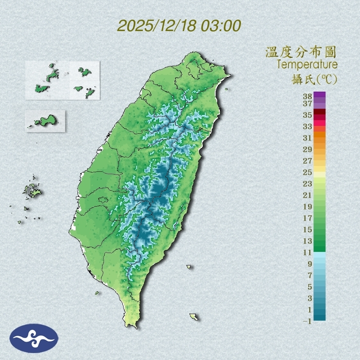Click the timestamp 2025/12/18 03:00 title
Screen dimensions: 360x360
click(x=179, y=26)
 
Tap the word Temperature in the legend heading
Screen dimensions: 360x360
click(x=307, y=64)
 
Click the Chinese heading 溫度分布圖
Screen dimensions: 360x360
click(x=301, y=52)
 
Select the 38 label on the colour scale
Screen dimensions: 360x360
click(x=308, y=97)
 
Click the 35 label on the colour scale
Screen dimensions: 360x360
click(x=308, y=115)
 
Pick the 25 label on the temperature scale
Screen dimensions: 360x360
click(x=308, y=172)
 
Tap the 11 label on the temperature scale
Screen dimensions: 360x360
click(x=308, y=252)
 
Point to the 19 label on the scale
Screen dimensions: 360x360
click(x=308, y=207)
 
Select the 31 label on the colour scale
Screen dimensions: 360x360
click(x=308, y=138)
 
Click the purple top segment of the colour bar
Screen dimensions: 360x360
click(x=320, y=94)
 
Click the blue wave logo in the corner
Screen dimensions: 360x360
click(x=34, y=338)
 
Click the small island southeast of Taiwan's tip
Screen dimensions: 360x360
click(x=193, y=317)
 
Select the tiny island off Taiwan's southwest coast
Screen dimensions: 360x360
click(x=97, y=292)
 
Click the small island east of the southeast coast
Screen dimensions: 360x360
click(x=189, y=267)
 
